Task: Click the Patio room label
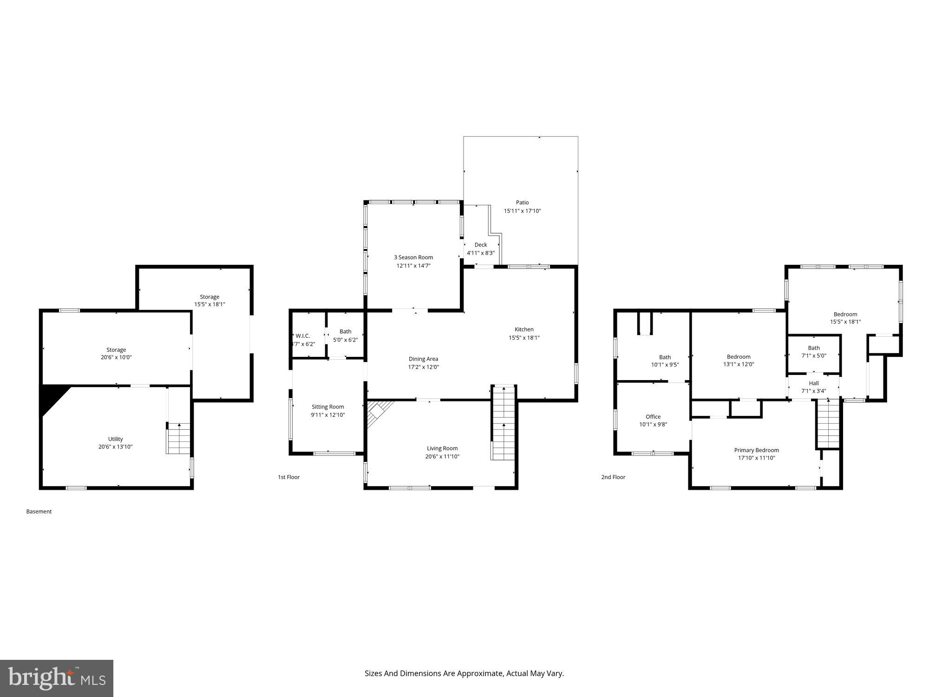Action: tap(522, 203)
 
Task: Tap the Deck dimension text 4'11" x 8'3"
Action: tap(480, 253)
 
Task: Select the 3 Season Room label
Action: tap(413, 257)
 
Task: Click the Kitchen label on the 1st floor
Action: tap(524, 329)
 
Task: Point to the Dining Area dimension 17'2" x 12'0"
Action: tap(423, 367)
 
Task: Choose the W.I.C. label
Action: tap(302, 336)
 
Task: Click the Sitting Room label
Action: tap(327, 407)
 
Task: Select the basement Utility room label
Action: tap(115, 439)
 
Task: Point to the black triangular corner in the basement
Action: tap(51, 397)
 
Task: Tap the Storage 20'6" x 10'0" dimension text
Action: tap(116, 358)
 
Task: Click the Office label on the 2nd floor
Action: tap(653, 417)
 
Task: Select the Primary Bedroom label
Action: tap(756, 450)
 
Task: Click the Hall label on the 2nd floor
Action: tap(813, 383)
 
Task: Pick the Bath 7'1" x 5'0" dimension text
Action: tap(814, 356)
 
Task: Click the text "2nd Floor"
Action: tap(613, 477)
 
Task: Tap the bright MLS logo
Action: tap(57, 678)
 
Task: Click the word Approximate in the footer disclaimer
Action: tap(479, 673)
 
